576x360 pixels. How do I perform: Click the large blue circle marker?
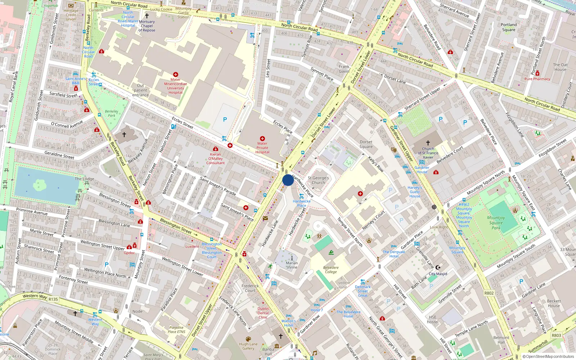(x=288, y=180)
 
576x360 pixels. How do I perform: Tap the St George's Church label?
(x=318, y=180)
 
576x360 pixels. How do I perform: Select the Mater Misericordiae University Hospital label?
(x=176, y=86)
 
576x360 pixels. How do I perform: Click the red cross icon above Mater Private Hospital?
(x=262, y=139)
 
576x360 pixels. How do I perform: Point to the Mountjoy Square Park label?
(x=496, y=222)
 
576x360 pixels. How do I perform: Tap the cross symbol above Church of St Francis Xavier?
(x=428, y=143)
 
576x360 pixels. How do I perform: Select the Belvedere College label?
(x=331, y=270)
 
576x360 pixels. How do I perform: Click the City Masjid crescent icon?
(x=438, y=267)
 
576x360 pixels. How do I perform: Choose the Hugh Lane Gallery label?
(x=248, y=346)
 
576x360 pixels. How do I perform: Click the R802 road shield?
(x=489, y=293)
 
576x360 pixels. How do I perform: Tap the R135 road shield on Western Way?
(x=53, y=299)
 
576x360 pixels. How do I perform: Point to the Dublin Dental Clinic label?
(x=263, y=313)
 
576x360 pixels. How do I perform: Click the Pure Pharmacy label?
(x=537, y=79)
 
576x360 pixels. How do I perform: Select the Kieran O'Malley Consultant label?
(x=215, y=158)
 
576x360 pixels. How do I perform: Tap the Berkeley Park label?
(x=112, y=113)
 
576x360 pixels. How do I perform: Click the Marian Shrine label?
(x=292, y=265)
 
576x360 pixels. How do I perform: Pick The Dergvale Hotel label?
(x=394, y=254)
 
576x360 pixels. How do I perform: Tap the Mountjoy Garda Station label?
(x=184, y=13)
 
